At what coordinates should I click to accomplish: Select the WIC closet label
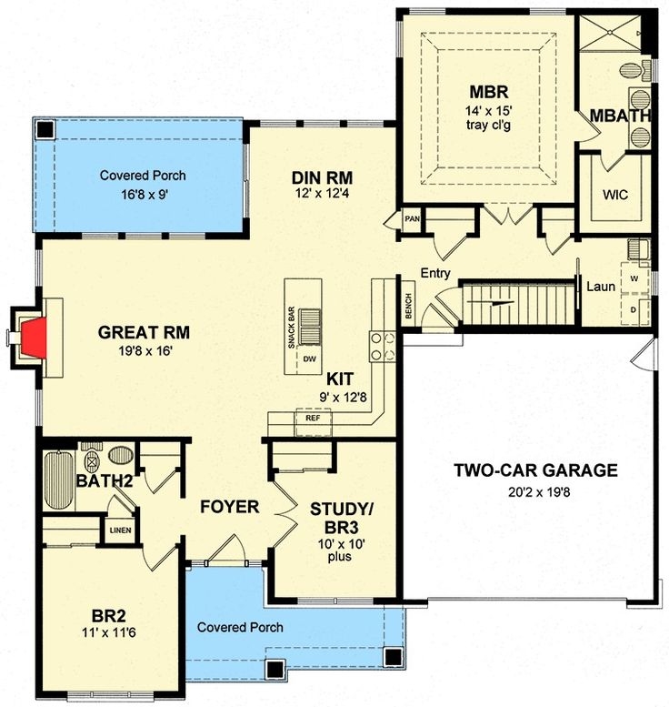pyautogui.click(x=615, y=195)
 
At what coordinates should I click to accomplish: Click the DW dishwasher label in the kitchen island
pyautogui.click(x=309, y=359)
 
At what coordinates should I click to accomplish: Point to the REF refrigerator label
pyautogui.click(x=312, y=419)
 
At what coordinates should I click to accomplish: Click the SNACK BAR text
pyautogui.click(x=292, y=324)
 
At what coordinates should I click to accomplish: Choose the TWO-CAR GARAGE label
pyautogui.click(x=536, y=470)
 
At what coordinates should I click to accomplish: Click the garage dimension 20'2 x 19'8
pyautogui.click(x=536, y=492)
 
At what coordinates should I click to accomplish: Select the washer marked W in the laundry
pyautogui.click(x=634, y=277)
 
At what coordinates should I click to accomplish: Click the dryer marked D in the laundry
pyautogui.click(x=634, y=308)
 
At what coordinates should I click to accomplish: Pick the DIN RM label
pyautogui.click(x=322, y=177)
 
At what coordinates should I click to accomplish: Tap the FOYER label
pyautogui.click(x=230, y=507)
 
